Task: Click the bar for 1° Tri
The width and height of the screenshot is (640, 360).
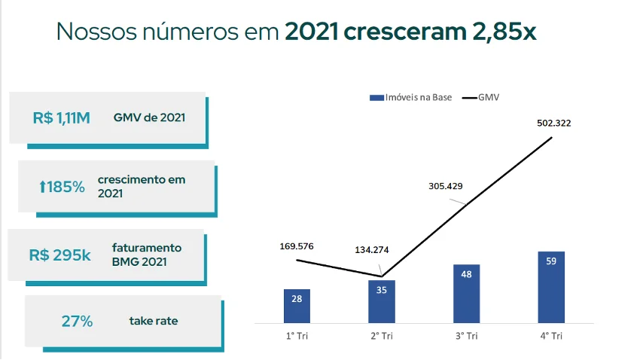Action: click(x=297, y=306)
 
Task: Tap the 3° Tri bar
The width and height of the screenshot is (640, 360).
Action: click(x=466, y=294)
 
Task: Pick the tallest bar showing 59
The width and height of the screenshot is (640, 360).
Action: click(x=551, y=287)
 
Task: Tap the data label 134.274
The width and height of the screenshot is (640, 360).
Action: click(x=371, y=249)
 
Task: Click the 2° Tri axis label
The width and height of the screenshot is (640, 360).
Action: click(x=381, y=336)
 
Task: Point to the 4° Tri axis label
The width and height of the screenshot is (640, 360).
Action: click(x=551, y=336)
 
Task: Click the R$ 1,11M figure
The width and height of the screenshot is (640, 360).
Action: click(x=62, y=117)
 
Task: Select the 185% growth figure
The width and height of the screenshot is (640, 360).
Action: click(x=62, y=187)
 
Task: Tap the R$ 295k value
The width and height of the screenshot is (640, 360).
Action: click(x=60, y=255)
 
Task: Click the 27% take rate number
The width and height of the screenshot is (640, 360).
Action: click(x=77, y=322)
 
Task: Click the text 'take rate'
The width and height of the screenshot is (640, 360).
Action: click(x=154, y=322)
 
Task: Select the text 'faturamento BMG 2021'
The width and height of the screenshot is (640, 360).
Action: click(x=147, y=255)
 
